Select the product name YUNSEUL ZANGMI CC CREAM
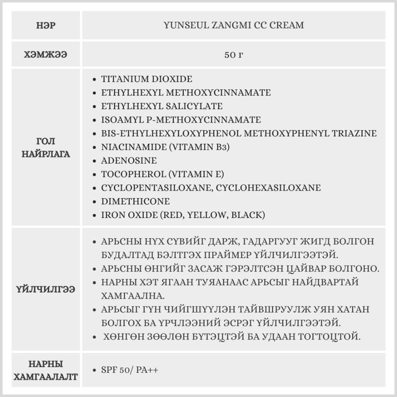pos(233,25)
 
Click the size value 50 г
pos(233,54)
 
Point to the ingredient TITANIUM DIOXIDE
pos(146,79)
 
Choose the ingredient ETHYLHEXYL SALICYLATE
pos(162,106)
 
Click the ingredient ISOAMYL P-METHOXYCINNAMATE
pos(181,119)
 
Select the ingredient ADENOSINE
pos(129,161)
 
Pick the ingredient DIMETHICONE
pos(135,201)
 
